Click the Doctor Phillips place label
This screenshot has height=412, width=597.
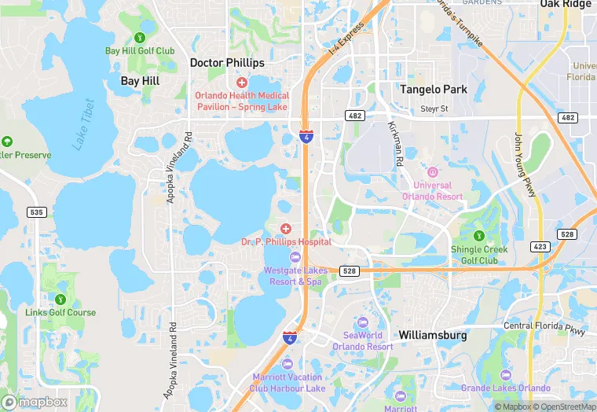click(227, 62)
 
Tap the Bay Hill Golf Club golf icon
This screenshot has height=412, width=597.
click(140, 36)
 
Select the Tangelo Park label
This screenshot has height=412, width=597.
click(433, 90)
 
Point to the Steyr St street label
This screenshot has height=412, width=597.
click(434, 109)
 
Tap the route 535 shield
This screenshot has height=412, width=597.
click(35, 212)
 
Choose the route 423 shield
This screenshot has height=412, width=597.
click(540, 246)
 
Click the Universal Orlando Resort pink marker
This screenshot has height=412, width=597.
click(432, 172)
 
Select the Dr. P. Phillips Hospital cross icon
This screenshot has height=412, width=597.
click(286, 228)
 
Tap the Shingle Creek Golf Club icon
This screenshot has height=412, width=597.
click(478, 236)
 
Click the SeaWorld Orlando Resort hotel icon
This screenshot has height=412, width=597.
click(362, 322)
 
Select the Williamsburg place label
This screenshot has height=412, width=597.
click(432, 335)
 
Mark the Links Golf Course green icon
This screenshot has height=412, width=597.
click(60, 299)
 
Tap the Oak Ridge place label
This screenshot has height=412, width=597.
click(565, 5)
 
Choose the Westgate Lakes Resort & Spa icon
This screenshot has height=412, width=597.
click(294, 257)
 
